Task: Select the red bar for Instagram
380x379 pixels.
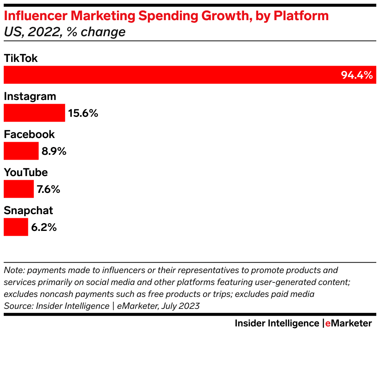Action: [34, 113]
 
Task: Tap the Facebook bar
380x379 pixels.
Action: [21, 151]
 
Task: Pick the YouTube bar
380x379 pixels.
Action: [19, 189]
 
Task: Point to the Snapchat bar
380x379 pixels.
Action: [16, 227]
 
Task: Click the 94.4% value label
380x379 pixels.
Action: [357, 75]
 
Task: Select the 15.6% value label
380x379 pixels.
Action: [83, 113]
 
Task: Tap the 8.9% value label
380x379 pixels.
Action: [54, 151]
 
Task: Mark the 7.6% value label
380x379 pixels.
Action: [48, 189]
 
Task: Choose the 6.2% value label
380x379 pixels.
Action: [44, 228]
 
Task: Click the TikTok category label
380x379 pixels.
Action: [21, 58]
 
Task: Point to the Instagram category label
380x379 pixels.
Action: [30, 97]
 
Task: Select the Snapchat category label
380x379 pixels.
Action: [28, 210]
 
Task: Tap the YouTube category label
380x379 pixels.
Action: [26, 172]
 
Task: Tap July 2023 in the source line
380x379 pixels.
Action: [181, 306]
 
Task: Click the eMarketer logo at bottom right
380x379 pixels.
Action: [348, 323]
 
